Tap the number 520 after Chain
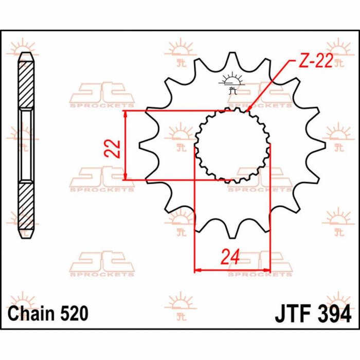[74, 313]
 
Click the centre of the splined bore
[232, 145]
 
